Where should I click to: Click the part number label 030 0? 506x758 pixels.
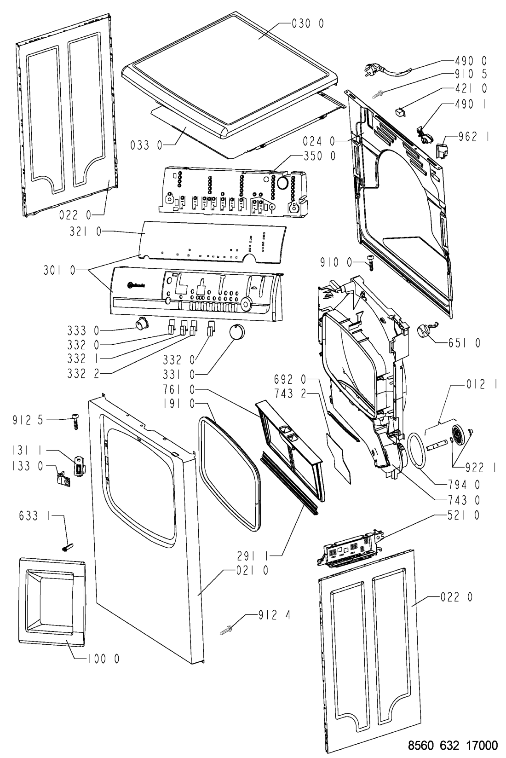pyautogui.click(x=307, y=23)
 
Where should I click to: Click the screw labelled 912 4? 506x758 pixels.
pyautogui.click(x=225, y=630)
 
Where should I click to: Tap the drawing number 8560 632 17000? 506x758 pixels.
pyautogui.click(x=453, y=745)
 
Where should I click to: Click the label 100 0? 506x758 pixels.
pyautogui.click(x=104, y=659)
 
